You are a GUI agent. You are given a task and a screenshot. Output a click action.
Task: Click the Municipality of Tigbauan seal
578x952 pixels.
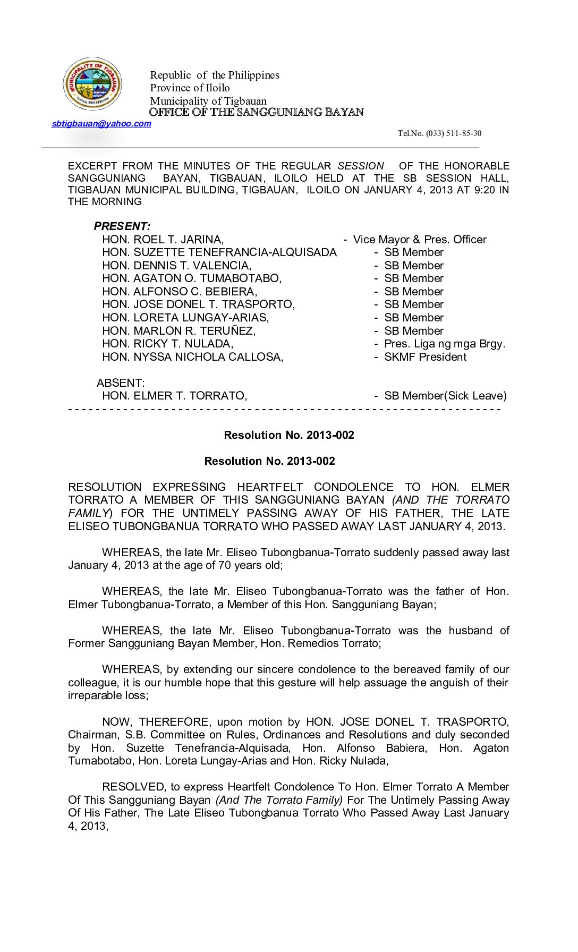[92, 84]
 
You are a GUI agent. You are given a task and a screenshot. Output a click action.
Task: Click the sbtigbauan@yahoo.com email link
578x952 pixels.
[101, 124]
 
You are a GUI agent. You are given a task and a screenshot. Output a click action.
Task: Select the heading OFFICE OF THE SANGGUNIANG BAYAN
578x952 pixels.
[256, 112]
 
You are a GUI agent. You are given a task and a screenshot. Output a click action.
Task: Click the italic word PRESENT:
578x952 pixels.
[122, 226]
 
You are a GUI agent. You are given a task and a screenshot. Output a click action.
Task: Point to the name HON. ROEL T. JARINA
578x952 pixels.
[163, 240]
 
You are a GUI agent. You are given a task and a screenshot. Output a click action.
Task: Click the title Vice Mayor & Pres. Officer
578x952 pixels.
[419, 240]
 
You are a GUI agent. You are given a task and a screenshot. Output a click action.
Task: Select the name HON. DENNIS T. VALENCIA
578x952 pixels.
[176, 266]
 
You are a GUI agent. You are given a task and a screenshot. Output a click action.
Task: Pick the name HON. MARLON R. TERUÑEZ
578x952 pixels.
[178, 331]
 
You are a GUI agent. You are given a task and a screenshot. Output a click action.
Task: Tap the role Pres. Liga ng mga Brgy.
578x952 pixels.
[444, 344]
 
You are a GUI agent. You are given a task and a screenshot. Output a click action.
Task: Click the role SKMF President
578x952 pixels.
[425, 357]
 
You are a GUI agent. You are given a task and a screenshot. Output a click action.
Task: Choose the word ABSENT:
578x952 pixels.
[121, 383]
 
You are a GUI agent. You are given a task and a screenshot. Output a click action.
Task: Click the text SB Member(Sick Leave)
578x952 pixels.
[445, 396]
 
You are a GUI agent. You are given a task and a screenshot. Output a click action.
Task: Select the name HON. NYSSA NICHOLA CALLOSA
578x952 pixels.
[192, 357]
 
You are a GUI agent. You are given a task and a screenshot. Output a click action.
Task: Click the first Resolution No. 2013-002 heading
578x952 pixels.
[289, 435]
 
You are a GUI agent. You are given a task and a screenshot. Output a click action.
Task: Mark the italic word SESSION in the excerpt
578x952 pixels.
[360, 166]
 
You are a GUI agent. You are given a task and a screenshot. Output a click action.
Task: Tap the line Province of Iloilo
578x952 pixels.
[190, 88]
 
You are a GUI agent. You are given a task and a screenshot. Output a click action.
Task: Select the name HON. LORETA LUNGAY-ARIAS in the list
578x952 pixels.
[185, 318]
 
